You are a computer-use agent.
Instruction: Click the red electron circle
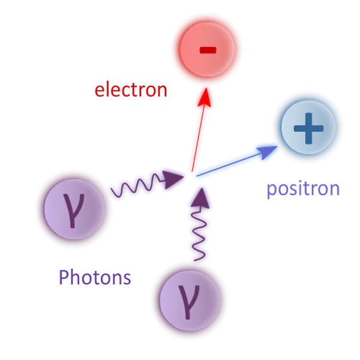[207, 49]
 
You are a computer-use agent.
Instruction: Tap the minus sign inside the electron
[208, 50]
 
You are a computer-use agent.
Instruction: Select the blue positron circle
[308, 128]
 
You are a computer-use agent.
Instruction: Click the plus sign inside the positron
[308, 128]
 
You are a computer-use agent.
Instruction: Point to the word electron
[131, 89]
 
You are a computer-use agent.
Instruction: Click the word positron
[303, 189]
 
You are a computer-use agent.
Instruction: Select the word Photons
[95, 277]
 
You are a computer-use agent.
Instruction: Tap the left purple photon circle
[74, 209]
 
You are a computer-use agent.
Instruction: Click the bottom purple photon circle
[190, 301]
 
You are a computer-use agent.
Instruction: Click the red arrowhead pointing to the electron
[205, 97]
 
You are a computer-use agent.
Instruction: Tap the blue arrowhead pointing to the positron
[267, 152]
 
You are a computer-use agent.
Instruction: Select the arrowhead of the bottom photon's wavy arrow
[200, 199]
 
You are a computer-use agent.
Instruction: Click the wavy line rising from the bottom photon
[199, 233]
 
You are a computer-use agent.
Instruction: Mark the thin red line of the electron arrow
[198, 139]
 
